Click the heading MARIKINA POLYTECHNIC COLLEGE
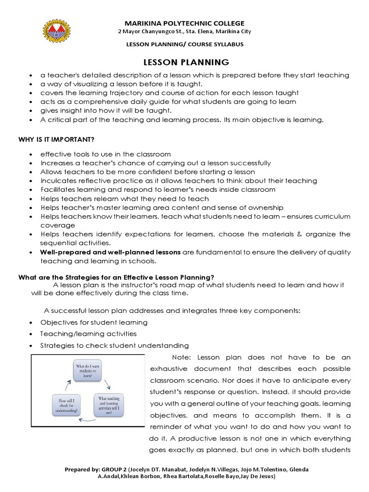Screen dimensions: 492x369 tap(184, 23)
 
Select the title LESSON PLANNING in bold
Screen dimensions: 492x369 tap(180, 62)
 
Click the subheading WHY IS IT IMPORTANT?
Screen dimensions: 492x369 tap(56, 139)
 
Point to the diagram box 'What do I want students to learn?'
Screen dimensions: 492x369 tap(91, 371)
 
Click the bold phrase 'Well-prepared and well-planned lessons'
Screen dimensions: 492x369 tap(110, 252)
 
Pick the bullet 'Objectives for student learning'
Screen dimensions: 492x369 tap(94, 322)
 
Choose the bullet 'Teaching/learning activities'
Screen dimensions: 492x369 tap(88, 333)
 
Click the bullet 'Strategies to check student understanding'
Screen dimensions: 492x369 tap(114, 345)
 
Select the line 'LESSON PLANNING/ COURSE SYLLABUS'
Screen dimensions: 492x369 tap(184, 44)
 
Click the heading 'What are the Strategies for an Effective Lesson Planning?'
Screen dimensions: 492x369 tap(116, 277)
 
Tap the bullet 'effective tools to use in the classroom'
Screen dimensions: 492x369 tap(105, 154)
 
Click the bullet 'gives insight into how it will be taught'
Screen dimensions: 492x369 tap(106, 111)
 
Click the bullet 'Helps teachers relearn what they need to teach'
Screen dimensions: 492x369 tap(124, 198)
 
